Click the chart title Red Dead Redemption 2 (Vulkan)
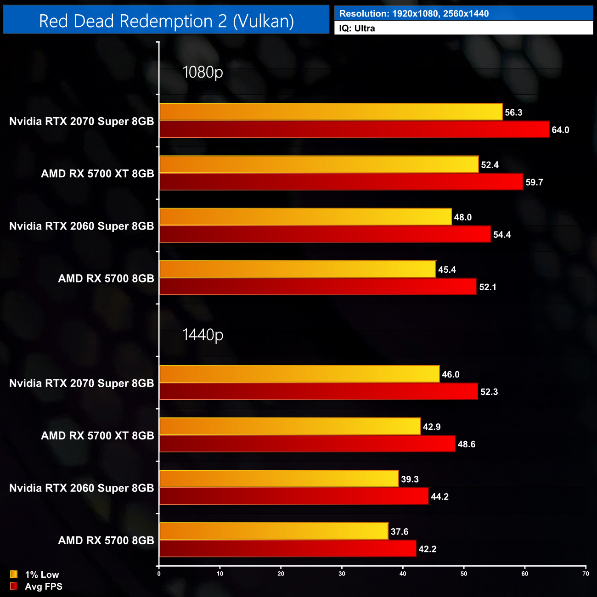166,21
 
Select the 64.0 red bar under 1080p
354,130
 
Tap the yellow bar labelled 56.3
331,112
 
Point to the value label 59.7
534,182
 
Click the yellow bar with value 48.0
305,217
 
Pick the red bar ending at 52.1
318,287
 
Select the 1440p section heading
203,335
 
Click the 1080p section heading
203,72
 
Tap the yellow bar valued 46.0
299,374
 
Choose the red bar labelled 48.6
307,444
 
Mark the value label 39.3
410,479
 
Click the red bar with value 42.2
287,548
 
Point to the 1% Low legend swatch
14,574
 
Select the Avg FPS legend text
44,586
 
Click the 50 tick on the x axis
464,574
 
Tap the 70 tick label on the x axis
586,574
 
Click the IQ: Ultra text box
463,28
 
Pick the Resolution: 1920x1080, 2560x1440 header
463,13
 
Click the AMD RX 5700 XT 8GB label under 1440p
97,435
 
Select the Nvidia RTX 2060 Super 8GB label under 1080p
82,226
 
